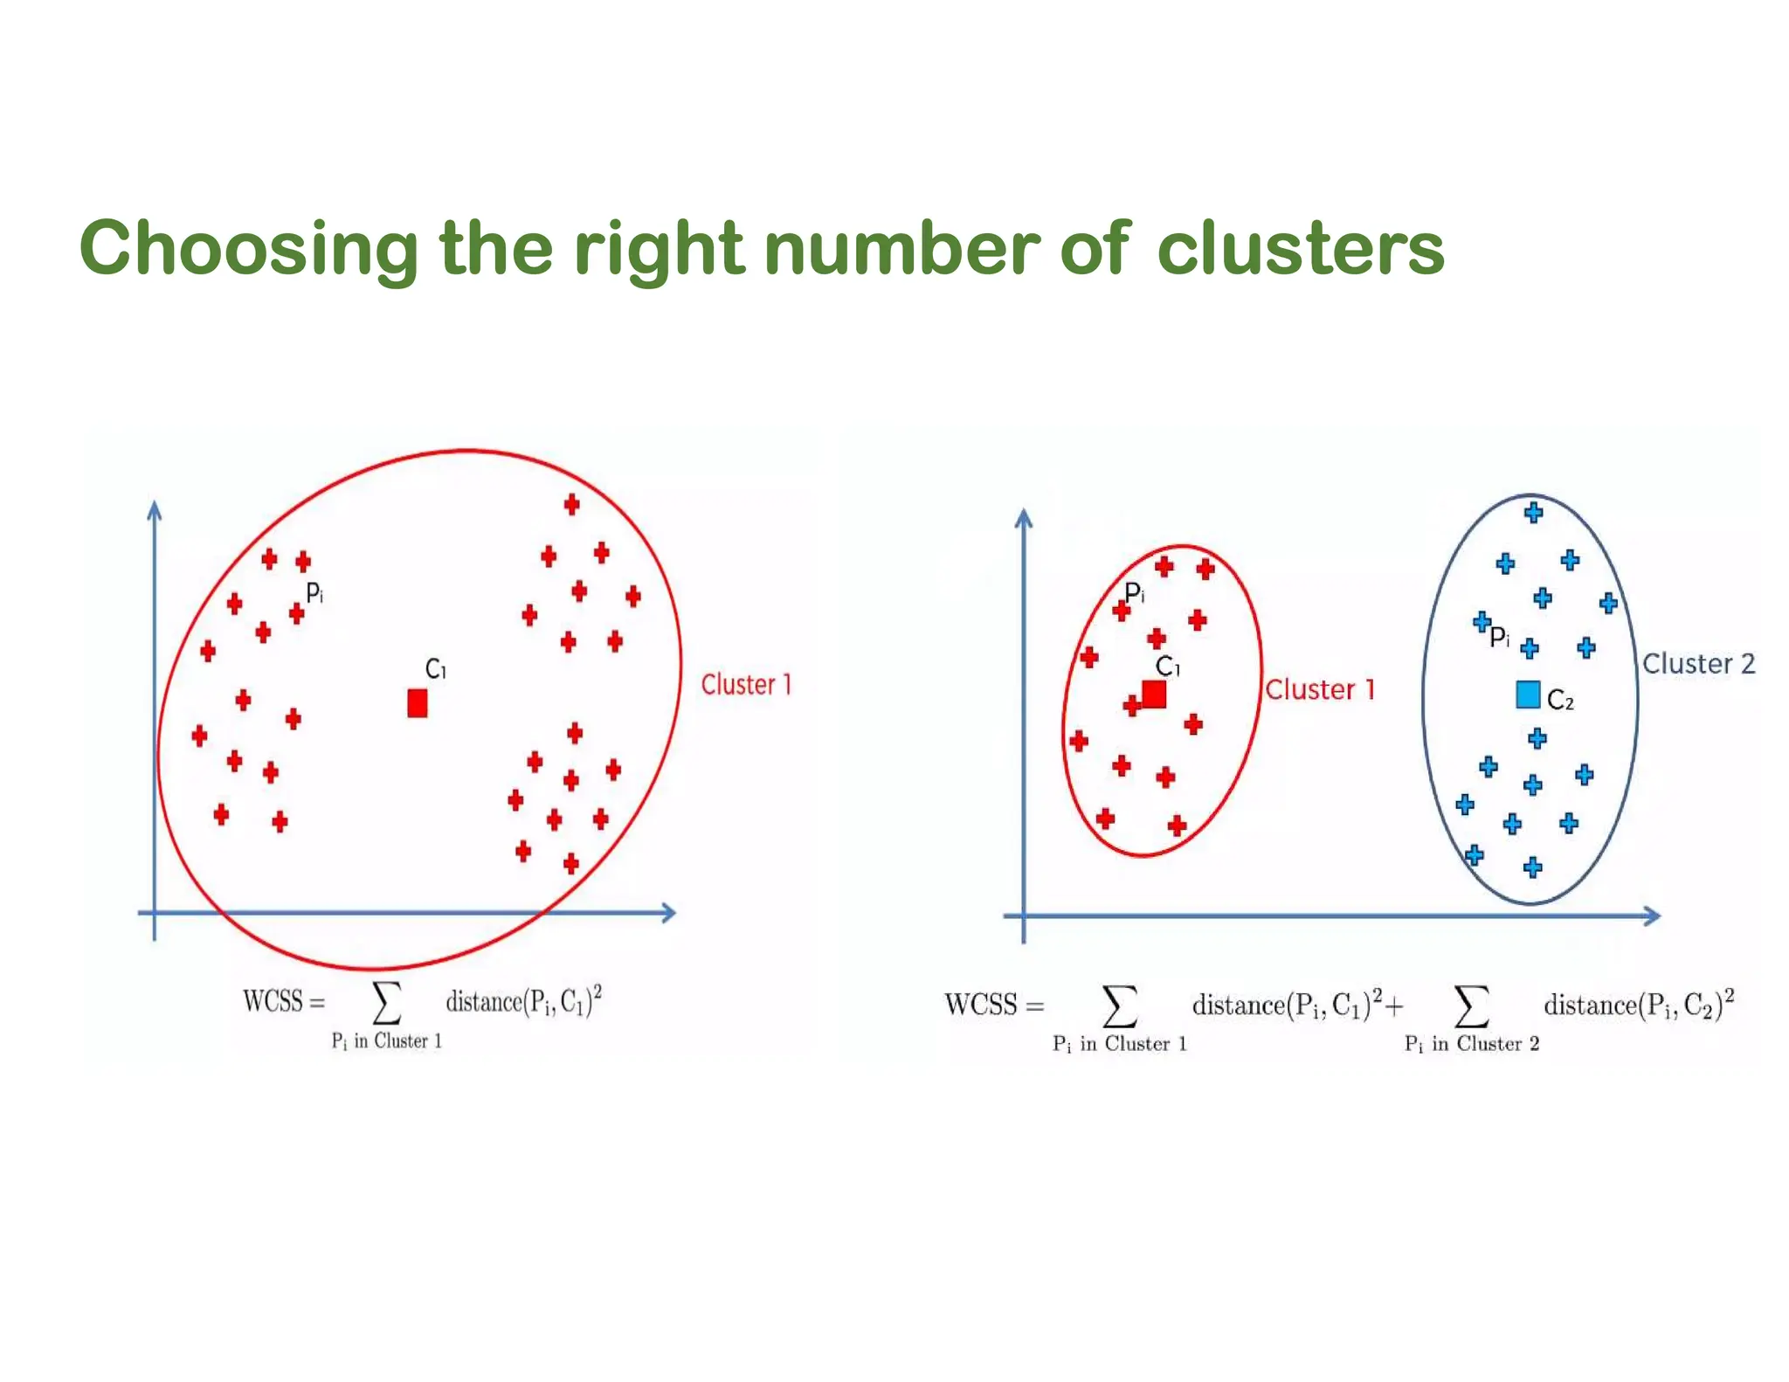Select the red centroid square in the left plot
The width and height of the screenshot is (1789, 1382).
(x=418, y=703)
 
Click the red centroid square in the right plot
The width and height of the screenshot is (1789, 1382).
(x=1154, y=694)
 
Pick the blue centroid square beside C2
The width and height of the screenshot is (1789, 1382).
(x=1528, y=694)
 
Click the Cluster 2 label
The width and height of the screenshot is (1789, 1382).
(x=1698, y=664)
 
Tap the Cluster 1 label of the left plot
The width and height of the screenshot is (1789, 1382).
(x=746, y=685)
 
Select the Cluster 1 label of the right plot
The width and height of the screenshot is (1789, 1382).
(x=1320, y=690)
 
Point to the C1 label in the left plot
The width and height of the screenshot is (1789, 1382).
(x=435, y=669)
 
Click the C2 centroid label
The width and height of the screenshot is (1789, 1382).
(x=1560, y=700)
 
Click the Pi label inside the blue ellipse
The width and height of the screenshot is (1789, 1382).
(x=1499, y=637)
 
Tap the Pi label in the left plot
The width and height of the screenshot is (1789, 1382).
(x=314, y=593)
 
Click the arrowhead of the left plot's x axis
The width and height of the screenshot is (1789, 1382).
(x=668, y=913)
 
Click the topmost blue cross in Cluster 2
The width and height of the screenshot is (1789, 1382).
(x=1533, y=513)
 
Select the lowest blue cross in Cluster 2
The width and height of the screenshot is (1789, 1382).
(x=1532, y=867)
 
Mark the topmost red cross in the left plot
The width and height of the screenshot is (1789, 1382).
(x=571, y=504)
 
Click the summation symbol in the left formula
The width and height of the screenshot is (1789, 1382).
(x=387, y=1002)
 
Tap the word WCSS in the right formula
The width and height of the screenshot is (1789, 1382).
(x=980, y=1005)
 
